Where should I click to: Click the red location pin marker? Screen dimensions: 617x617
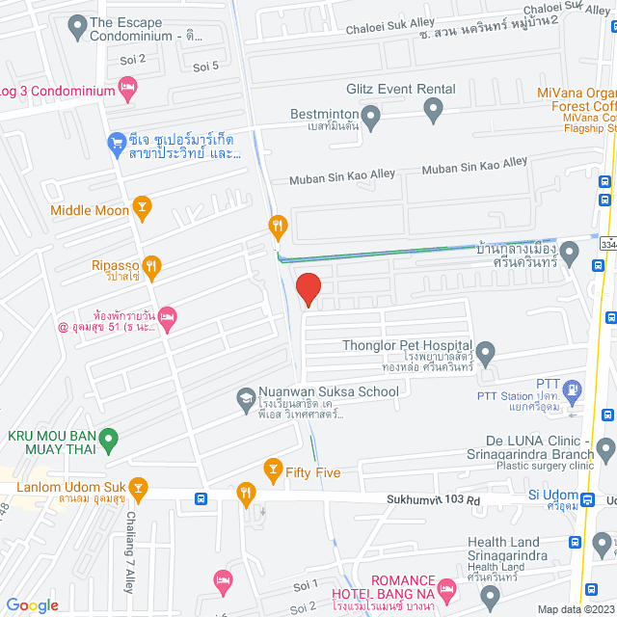coord(307,288)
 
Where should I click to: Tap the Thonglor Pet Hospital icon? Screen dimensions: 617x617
coord(486,353)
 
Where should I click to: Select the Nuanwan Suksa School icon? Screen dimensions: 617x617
coord(246,398)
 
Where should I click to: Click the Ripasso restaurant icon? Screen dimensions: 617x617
coord(151,265)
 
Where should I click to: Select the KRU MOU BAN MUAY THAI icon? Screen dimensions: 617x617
coord(109,443)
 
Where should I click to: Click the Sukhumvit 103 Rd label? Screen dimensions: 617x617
coord(433,500)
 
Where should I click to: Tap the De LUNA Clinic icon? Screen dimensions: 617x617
coord(605,447)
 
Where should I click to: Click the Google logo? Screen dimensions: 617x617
coord(32,605)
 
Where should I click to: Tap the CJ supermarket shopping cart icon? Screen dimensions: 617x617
coord(117,144)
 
